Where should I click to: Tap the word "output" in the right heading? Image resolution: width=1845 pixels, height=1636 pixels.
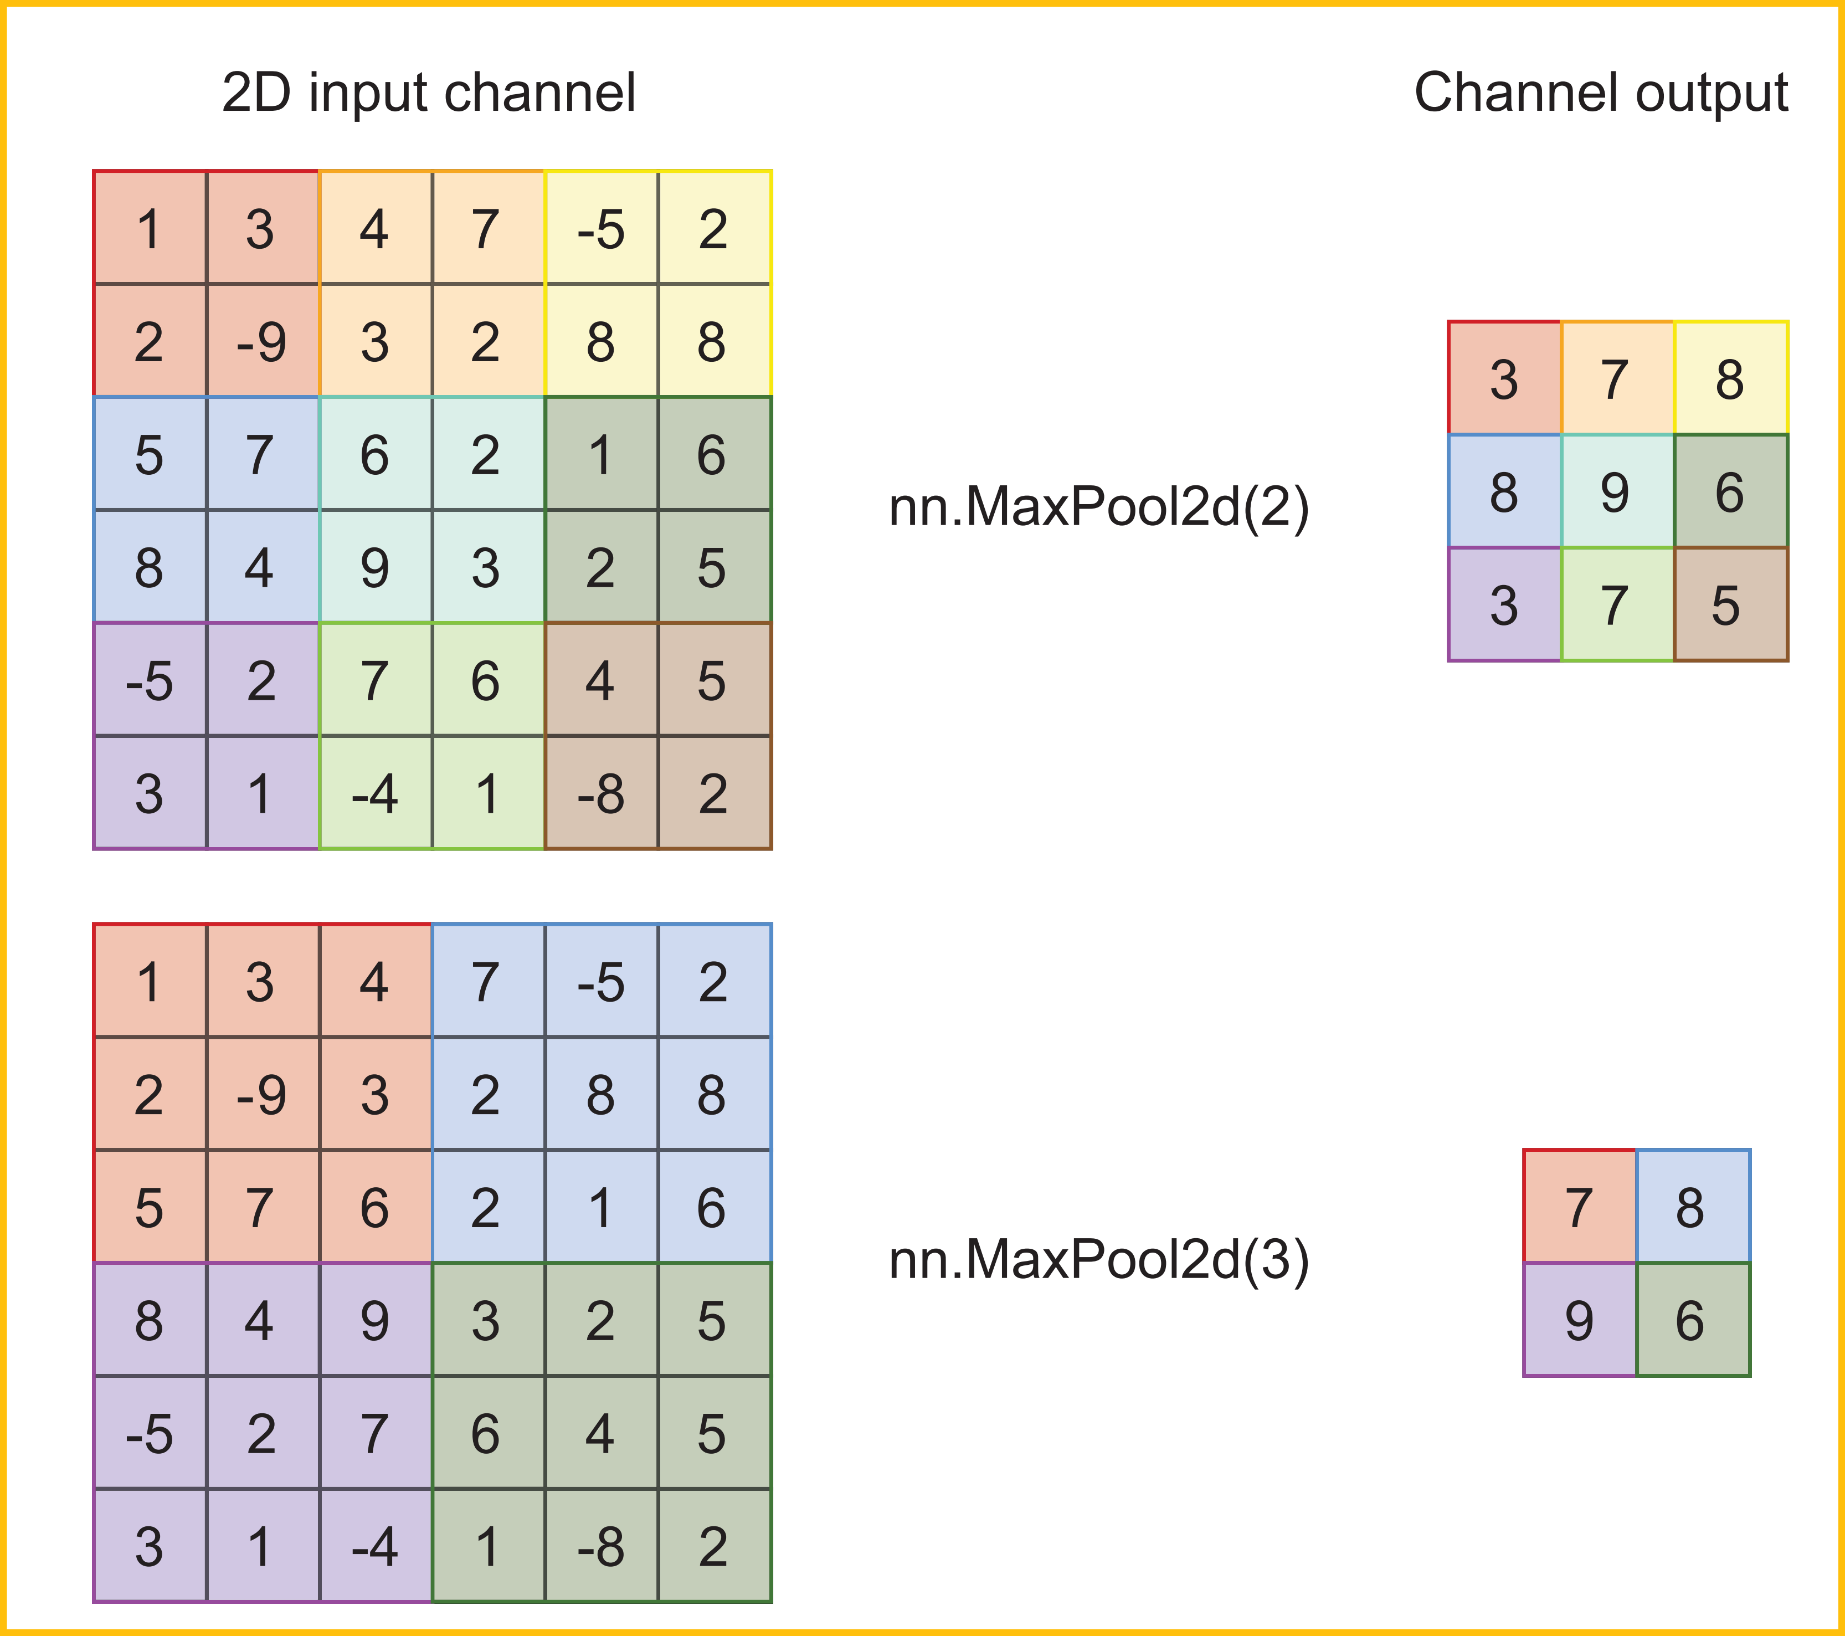1710,93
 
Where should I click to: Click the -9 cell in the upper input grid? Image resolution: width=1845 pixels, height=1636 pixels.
262,341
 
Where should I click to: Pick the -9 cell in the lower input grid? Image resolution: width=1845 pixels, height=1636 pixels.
262,1094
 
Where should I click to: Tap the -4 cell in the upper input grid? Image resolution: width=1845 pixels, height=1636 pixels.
374,793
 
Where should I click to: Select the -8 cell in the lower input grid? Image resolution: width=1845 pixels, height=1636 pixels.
601,1547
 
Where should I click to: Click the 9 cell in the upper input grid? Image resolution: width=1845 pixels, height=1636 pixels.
374,567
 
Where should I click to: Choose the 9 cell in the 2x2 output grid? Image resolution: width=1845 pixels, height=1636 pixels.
1579,1321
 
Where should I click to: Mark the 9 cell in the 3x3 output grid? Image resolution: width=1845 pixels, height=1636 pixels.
1616,492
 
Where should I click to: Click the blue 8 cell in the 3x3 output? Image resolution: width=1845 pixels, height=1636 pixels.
1504,492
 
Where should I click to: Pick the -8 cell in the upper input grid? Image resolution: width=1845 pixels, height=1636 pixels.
601,793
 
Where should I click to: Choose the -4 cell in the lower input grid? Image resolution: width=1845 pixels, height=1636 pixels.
374,1547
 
